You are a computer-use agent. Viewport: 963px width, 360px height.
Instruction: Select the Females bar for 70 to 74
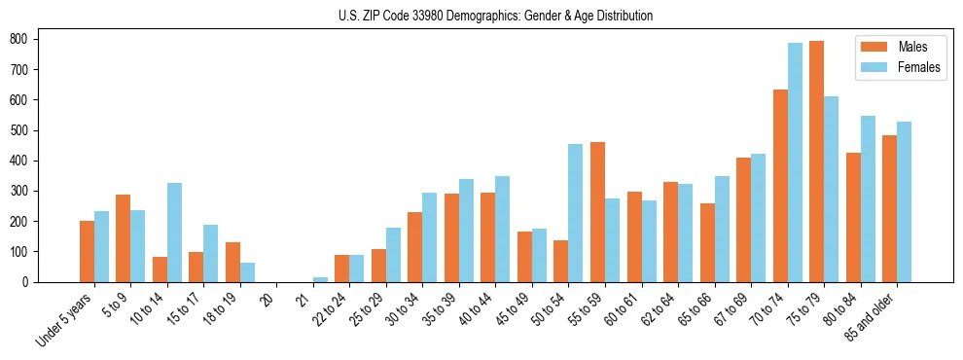tap(795, 162)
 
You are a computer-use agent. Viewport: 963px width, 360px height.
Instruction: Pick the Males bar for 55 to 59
tap(597, 212)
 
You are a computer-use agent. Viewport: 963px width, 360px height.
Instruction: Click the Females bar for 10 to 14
tap(174, 233)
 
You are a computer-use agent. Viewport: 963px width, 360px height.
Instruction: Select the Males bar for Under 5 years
tap(87, 251)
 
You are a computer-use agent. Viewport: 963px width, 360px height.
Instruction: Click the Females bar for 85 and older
tap(904, 201)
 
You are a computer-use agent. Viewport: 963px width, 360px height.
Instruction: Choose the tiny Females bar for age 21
tap(320, 279)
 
